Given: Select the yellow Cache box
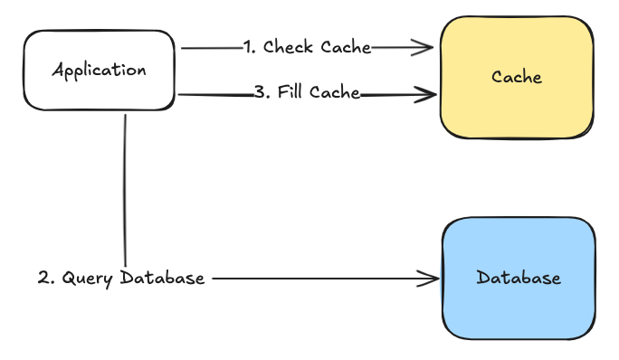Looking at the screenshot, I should tap(517, 76).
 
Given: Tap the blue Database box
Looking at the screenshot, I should tap(519, 278).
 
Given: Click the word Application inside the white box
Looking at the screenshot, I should tap(100, 70).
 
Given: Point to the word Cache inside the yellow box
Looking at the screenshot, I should tap(517, 77).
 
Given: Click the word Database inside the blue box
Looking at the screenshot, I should tap(519, 278).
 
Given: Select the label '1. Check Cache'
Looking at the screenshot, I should tap(308, 47).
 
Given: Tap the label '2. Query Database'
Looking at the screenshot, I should tap(121, 278).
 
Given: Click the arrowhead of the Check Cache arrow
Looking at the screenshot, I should tap(426, 47).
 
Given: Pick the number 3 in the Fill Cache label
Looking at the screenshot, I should tap(258, 92).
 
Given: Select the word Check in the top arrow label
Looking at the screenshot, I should tap(287, 47).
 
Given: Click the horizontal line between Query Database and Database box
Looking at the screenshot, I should tap(317, 279).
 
